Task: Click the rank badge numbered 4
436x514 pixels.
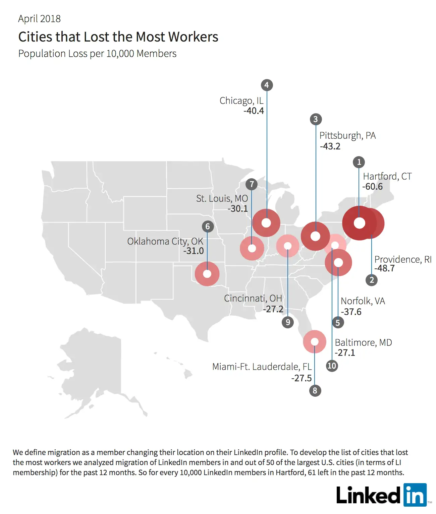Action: [267, 85]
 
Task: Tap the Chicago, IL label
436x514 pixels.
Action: [241, 101]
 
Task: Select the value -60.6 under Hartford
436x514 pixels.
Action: [372, 187]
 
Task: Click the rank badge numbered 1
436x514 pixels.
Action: [359, 162]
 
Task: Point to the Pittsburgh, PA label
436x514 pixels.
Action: [347, 135]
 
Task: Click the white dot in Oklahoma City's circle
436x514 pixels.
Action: [207, 274]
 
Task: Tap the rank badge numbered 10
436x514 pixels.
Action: [332, 366]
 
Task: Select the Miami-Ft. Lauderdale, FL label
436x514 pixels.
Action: [262, 367]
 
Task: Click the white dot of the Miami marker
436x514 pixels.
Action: [315, 341]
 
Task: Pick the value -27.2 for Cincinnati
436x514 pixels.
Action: [273, 309]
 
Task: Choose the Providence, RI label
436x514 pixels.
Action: [403, 259]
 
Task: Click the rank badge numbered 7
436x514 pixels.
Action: [252, 184]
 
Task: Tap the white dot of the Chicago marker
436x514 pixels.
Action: [266, 223]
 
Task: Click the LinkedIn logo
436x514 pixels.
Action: [382, 495]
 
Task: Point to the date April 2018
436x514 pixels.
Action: [39, 19]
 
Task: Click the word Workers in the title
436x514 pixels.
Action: [193, 37]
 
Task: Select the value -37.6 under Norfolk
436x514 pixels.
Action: [351, 312]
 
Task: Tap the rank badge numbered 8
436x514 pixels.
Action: [315, 390]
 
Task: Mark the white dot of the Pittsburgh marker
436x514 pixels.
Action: [315, 236]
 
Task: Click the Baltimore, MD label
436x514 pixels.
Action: [363, 342]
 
